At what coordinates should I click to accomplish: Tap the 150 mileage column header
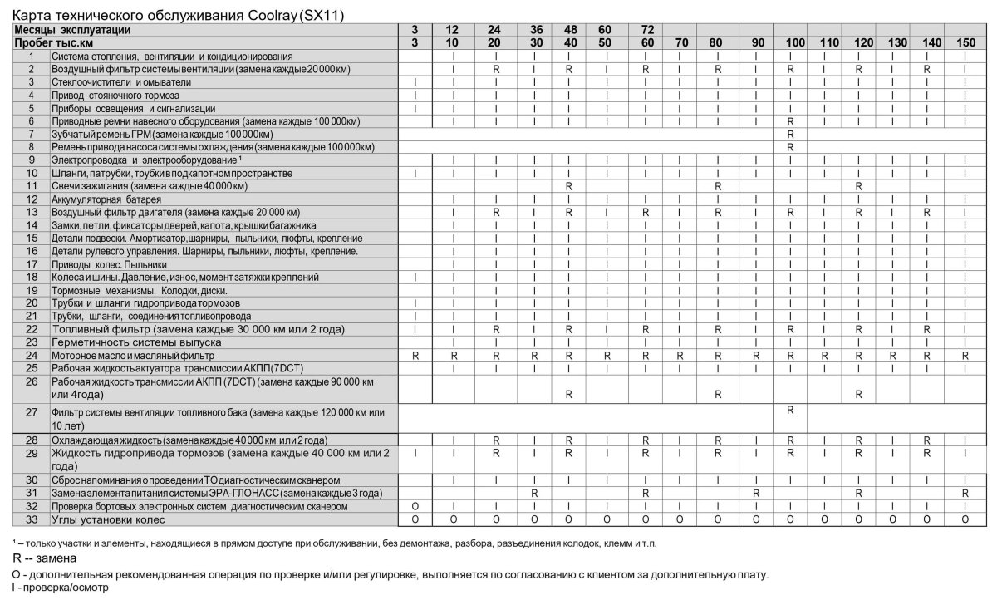tap(965, 42)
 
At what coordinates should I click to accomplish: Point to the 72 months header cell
tap(645, 30)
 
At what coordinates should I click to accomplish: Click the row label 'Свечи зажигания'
tap(133, 186)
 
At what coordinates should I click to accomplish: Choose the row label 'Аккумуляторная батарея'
tap(106, 199)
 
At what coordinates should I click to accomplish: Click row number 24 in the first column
tap(32, 355)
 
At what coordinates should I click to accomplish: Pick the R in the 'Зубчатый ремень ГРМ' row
tap(790, 134)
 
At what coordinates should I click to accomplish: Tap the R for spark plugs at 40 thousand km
tap(568, 186)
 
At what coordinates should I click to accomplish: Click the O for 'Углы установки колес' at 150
tap(965, 519)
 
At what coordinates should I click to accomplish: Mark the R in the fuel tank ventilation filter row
tap(790, 410)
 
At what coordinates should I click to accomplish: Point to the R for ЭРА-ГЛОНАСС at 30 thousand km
tap(535, 493)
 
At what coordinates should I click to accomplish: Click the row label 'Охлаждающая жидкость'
tap(189, 439)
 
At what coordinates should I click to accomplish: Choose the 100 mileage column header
tap(790, 42)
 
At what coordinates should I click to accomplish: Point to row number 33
tap(32, 519)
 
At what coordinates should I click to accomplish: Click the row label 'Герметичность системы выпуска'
tap(136, 342)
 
